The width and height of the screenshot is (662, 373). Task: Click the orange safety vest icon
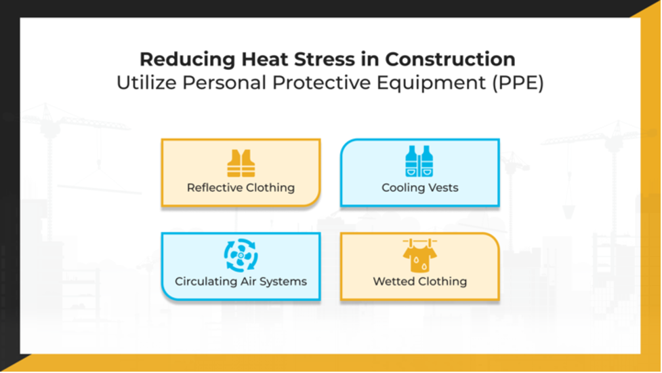point(241,163)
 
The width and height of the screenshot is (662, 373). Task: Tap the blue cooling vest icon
point(419,162)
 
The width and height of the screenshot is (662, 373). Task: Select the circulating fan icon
point(241,256)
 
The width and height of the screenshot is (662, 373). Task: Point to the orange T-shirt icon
point(419,256)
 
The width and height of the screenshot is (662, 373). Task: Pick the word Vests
point(443,188)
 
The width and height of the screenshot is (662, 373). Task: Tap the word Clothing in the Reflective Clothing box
point(270,188)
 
